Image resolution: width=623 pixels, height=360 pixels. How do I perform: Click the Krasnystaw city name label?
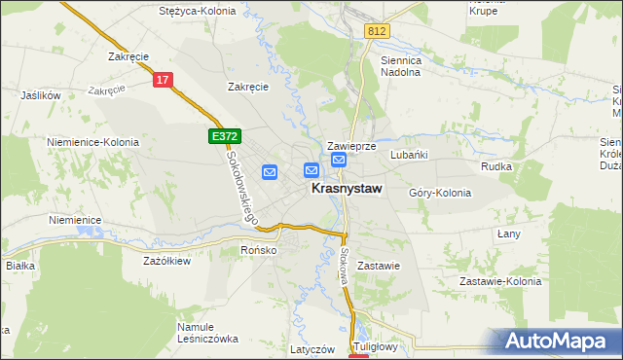pyautogui.click(x=346, y=191)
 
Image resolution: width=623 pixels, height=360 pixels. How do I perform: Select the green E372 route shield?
pyautogui.click(x=224, y=138)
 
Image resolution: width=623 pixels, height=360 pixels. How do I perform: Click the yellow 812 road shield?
pyautogui.click(x=378, y=32)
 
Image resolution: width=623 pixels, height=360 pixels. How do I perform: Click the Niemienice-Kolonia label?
pyautogui.click(x=92, y=142)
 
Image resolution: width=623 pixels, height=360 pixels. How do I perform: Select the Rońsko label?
pyautogui.click(x=259, y=250)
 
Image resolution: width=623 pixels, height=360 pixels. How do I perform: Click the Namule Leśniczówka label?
pyautogui.click(x=207, y=333)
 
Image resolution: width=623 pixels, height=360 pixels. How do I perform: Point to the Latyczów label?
pyautogui.click(x=312, y=348)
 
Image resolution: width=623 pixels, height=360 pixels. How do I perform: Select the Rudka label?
pyautogui.click(x=496, y=165)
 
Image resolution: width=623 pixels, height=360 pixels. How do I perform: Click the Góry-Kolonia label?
pyautogui.click(x=440, y=193)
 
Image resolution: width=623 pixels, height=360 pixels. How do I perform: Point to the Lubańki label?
pyautogui.click(x=409, y=154)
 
